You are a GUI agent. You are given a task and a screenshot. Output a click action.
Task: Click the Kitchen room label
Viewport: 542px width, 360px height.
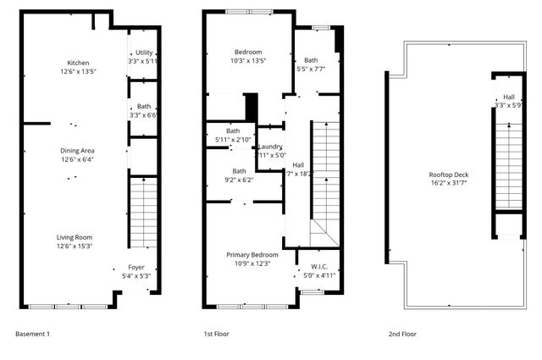(x=79, y=63)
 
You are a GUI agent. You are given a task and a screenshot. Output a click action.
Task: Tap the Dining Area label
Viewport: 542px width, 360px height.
(x=77, y=150)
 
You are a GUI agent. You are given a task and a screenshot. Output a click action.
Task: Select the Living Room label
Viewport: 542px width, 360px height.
(x=75, y=237)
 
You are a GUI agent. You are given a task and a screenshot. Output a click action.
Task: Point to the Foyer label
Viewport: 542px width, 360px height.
(x=136, y=267)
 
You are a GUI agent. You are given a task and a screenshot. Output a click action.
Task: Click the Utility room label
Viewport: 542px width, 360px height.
(x=144, y=53)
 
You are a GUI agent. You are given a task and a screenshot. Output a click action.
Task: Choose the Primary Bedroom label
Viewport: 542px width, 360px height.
(x=252, y=254)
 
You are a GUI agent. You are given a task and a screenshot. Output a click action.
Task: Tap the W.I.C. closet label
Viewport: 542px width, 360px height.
(x=319, y=267)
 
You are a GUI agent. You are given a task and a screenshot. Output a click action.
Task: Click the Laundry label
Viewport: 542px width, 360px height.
(x=270, y=147)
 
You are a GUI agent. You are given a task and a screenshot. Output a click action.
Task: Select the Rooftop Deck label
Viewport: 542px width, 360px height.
(x=449, y=175)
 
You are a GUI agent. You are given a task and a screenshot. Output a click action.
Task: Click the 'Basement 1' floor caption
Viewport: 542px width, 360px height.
(x=33, y=334)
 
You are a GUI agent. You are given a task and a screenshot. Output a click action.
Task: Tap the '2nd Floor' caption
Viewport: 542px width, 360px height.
(x=402, y=334)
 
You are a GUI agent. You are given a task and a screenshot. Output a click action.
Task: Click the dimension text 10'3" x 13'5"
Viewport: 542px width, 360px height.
(x=248, y=61)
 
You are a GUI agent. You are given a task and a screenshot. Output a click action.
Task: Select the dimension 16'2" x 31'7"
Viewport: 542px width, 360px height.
(x=449, y=184)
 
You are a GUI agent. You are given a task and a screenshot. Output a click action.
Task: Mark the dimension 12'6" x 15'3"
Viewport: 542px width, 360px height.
(x=75, y=246)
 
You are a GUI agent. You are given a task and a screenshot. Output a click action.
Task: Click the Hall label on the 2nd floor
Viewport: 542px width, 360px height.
(x=508, y=97)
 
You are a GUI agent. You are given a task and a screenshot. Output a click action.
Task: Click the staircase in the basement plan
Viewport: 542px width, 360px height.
(x=144, y=212)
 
